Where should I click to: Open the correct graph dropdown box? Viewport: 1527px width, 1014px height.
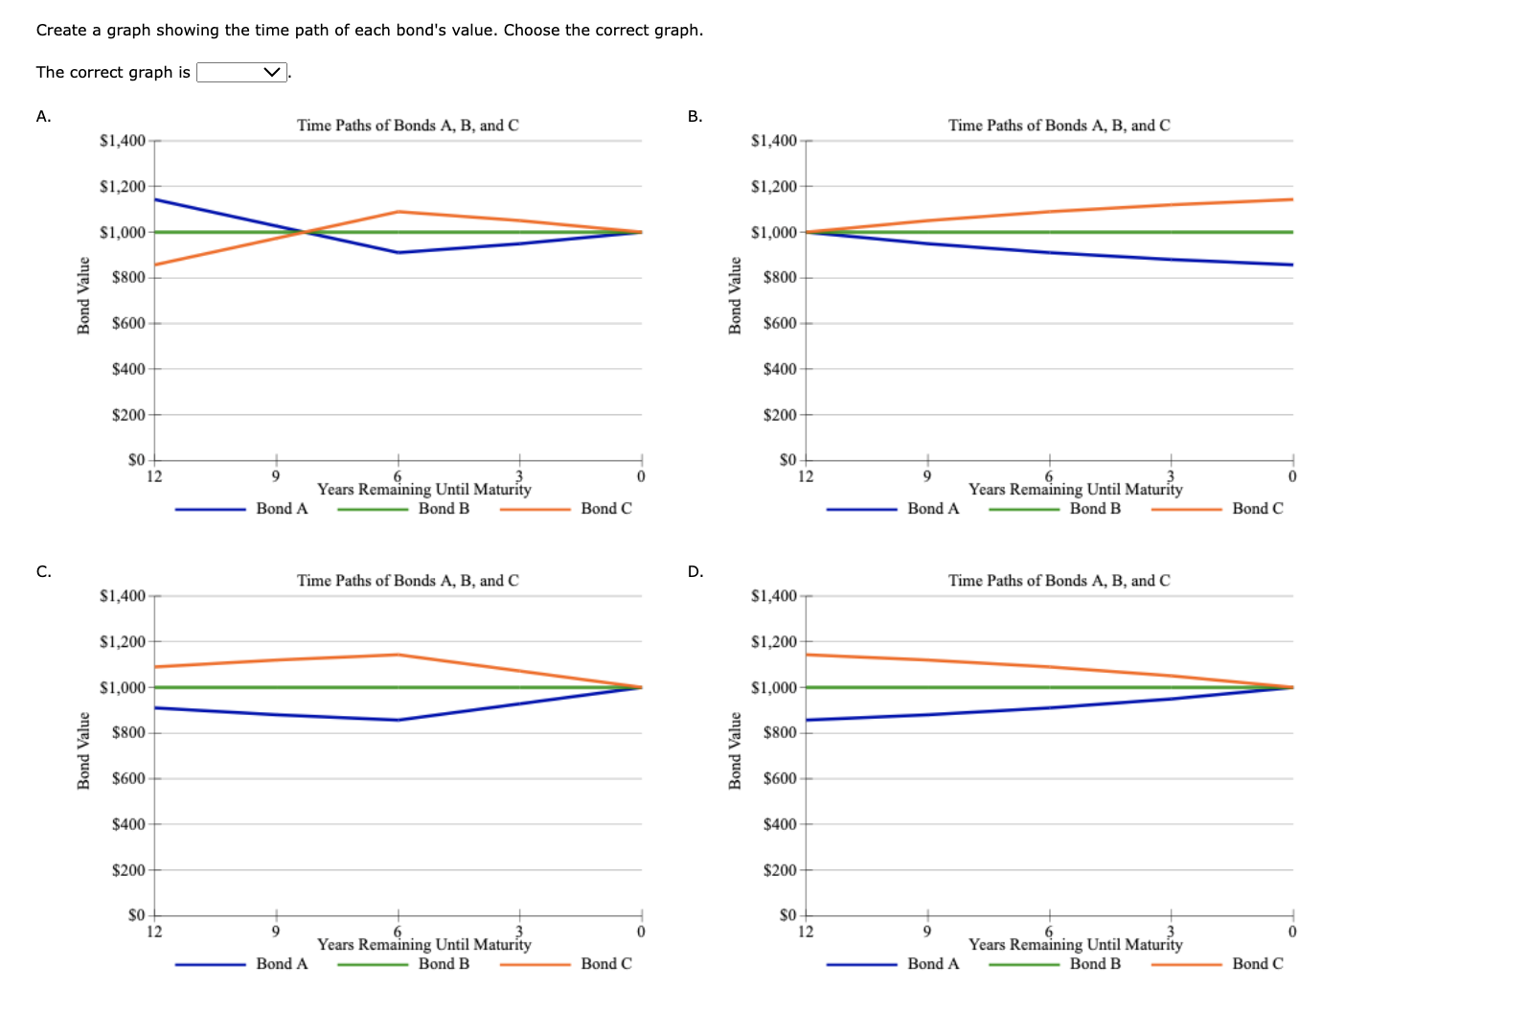point(241,73)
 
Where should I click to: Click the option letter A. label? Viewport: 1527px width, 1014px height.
point(43,117)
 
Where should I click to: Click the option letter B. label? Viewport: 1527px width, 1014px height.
point(695,117)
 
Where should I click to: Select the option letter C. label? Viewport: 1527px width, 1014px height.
point(43,572)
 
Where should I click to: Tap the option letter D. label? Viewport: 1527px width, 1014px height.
point(695,572)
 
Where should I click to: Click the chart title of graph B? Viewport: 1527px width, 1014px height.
point(1059,126)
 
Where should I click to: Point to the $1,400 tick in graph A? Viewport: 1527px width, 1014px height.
point(123,141)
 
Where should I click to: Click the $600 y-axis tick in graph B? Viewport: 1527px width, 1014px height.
point(779,324)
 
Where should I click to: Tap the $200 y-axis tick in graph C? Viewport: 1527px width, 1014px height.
point(127,870)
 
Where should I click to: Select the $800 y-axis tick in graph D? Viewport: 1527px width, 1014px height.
point(779,733)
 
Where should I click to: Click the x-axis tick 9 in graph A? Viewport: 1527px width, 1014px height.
point(275,476)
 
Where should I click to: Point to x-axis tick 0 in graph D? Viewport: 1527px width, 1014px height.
point(1292,932)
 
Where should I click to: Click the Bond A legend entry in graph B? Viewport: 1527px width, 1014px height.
point(933,509)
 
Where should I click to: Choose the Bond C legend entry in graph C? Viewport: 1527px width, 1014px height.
point(605,964)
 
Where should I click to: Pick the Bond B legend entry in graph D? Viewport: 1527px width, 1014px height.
point(1095,964)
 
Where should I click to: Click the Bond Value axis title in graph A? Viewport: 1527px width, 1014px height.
point(83,296)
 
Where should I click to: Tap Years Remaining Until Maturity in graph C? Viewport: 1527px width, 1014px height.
point(423,945)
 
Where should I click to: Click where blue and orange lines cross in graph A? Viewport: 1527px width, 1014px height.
point(304,232)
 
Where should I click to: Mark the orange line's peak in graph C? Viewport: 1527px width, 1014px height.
point(398,655)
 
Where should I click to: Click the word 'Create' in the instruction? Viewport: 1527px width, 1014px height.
point(61,31)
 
